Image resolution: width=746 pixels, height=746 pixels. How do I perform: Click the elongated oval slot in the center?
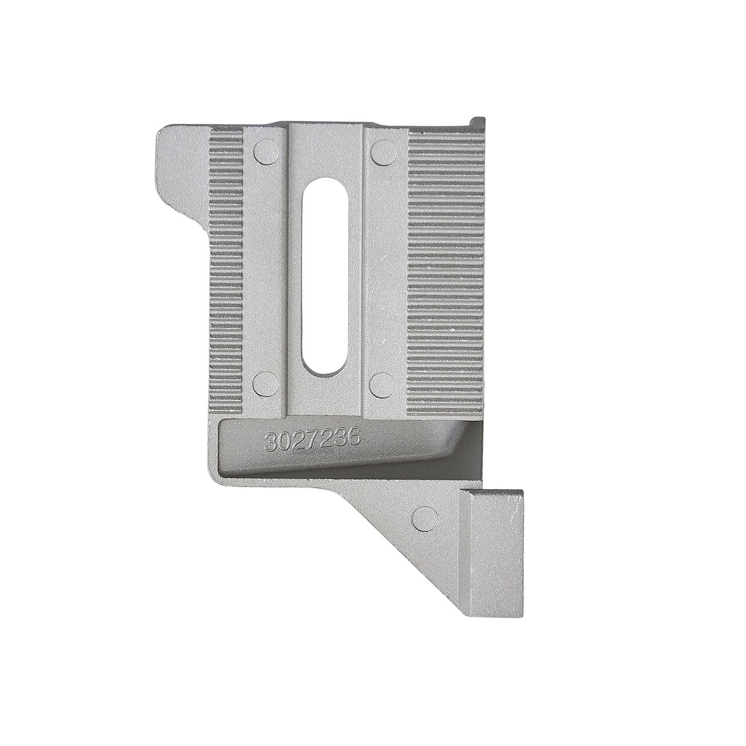[x=326, y=275]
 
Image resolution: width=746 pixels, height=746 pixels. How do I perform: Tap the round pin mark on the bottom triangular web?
[x=425, y=517]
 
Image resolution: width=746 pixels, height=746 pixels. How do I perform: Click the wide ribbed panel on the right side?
[x=446, y=271]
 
